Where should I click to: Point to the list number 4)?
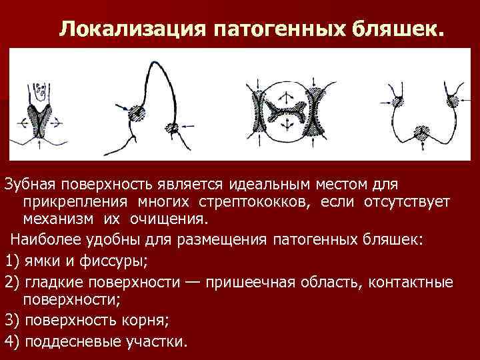coord(13,341)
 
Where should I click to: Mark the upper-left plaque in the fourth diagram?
coord(399,101)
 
